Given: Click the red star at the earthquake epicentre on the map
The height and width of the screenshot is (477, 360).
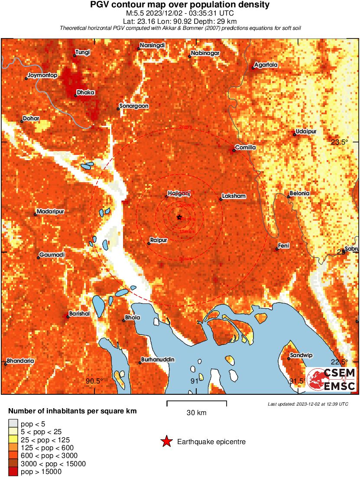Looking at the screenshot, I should [x=179, y=217].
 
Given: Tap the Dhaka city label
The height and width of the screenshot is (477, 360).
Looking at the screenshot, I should [x=85, y=93].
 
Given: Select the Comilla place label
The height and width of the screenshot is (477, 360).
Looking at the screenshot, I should [x=245, y=148].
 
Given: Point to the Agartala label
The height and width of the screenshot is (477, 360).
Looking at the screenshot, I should [x=266, y=65].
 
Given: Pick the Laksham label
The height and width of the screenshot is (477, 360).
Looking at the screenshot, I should [x=234, y=196].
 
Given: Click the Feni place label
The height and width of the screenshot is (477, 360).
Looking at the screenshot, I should [x=283, y=246].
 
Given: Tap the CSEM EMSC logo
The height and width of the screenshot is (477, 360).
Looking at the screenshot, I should [x=332, y=380].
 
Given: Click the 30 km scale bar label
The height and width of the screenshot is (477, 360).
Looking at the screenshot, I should [x=196, y=413].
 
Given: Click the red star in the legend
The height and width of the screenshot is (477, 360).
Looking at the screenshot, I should [x=166, y=442].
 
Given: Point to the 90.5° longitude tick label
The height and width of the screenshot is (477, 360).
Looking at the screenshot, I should [x=94, y=381].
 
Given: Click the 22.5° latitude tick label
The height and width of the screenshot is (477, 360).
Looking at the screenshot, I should [x=340, y=362].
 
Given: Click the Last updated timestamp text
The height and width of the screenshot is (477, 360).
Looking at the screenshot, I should [x=308, y=404].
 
